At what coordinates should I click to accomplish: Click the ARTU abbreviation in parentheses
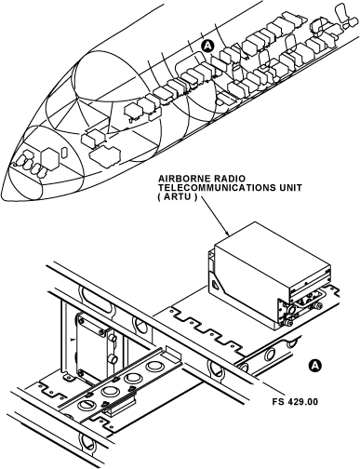point(178,197)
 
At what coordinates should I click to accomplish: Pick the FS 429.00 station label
point(295,402)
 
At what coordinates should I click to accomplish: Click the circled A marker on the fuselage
point(207,46)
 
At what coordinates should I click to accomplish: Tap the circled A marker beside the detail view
point(315,365)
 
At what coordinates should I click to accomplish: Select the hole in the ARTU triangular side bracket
point(216,284)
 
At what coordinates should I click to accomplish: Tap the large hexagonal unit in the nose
point(49,159)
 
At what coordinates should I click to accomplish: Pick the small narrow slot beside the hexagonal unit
point(64,153)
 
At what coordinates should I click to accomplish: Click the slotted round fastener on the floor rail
point(86,405)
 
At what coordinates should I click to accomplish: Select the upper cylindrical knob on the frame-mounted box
point(113,338)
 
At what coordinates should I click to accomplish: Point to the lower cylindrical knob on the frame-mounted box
point(113,359)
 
